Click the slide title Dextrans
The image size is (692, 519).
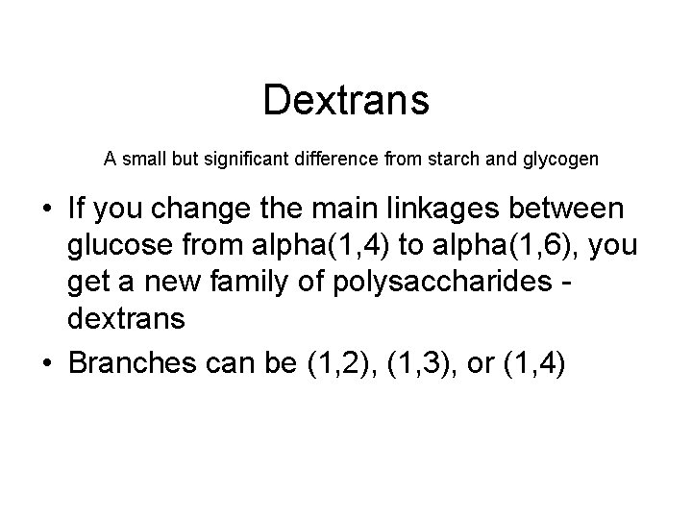tap(346, 100)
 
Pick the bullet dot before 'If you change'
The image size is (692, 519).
tap(45, 210)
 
